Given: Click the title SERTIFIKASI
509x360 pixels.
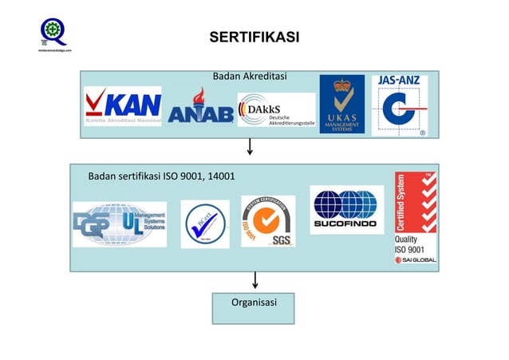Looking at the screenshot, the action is [254, 38].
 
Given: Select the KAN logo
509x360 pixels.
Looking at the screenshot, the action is [123, 106].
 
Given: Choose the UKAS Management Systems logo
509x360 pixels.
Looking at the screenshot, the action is [342, 105].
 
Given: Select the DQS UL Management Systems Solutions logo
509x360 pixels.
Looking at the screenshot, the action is [120, 224].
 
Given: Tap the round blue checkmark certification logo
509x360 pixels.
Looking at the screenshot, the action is [205, 224].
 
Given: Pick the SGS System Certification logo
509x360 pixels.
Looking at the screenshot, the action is [268, 221].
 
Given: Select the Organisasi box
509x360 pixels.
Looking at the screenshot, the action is [254, 307].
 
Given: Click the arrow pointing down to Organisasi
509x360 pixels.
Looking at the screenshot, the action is [255, 280].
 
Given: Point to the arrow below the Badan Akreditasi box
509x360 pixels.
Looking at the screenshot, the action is [251, 148].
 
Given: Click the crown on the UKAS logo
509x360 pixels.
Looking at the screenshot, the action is [342, 85].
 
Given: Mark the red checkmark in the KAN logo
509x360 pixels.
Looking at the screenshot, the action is [97, 105].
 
